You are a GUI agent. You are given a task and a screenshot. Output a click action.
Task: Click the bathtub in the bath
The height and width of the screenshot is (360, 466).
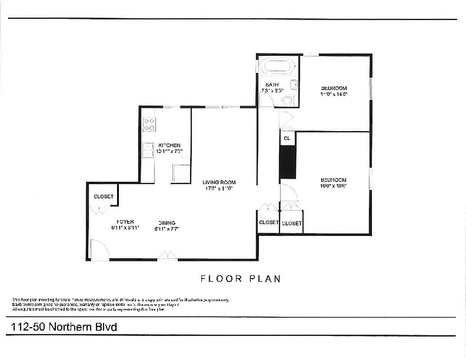tap(278, 67)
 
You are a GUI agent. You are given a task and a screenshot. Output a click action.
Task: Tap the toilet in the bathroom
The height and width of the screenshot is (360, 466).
tap(288, 100)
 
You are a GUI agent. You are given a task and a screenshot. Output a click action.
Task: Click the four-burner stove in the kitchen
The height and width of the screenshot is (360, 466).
tap(149, 125)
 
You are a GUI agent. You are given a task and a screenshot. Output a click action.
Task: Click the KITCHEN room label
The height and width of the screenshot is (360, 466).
tap(169, 145)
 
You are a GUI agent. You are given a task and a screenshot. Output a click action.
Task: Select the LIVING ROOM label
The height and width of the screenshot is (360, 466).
tap(219, 182)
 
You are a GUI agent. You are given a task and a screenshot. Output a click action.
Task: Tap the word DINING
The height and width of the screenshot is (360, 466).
tap(167, 223)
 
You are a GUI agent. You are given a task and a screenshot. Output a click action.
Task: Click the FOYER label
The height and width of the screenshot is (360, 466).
tap(125, 221)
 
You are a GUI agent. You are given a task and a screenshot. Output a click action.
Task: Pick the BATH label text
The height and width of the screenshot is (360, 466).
tap(272, 85)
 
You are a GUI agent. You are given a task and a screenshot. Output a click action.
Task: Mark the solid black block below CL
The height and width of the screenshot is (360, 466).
tap(287, 162)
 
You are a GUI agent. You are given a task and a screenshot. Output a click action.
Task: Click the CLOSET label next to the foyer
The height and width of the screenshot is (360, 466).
tap(104, 197)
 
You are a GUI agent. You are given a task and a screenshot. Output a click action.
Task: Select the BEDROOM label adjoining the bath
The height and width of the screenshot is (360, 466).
tap(334, 88)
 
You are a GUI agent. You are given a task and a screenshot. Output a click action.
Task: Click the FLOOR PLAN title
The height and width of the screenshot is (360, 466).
tap(240, 279)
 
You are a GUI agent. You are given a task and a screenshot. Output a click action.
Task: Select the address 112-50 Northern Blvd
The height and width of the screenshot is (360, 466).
tap(64, 327)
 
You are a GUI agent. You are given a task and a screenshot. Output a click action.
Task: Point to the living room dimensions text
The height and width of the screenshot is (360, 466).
tap(219, 189)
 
